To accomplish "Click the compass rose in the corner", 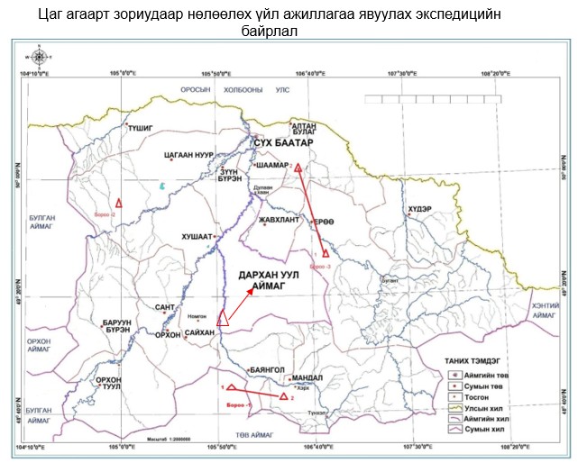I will pyautogui.click(x=38, y=57).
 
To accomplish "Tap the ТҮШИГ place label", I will pyautogui.click(x=142, y=129).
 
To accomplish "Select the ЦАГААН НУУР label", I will pyautogui.click(x=187, y=155).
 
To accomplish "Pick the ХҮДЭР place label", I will pyautogui.click(x=420, y=209).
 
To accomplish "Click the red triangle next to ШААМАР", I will pyautogui.click(x=298, y=168).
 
